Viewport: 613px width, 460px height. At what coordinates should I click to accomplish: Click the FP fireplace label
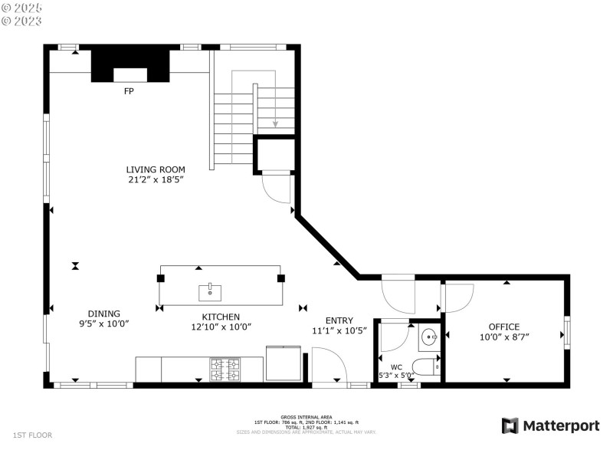[129, 90]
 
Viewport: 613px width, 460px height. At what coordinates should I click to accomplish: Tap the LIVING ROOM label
[156, 169]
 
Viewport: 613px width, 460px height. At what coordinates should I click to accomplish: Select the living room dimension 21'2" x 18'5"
[156, 179]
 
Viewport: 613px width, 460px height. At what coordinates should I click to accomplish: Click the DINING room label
[103, 314]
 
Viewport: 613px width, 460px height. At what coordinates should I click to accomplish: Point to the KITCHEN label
[221, 317]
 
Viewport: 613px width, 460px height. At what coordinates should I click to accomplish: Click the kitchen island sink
[210, 291]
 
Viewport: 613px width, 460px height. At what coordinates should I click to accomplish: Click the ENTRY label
[339, 320]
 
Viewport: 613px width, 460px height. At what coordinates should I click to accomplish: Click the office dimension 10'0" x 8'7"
[504, 337]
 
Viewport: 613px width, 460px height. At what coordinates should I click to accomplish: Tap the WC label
[396, 366]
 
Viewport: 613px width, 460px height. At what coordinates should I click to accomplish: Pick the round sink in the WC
[429, 336]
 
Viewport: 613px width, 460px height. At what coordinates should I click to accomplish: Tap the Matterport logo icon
[510, 426]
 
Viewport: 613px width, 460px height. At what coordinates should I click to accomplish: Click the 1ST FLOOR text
[32, 435]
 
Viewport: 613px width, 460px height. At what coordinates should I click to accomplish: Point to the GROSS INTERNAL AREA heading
[306, 418]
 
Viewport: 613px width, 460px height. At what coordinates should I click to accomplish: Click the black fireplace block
[129, 64]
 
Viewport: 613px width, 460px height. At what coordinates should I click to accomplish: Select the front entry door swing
[327, 365]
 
